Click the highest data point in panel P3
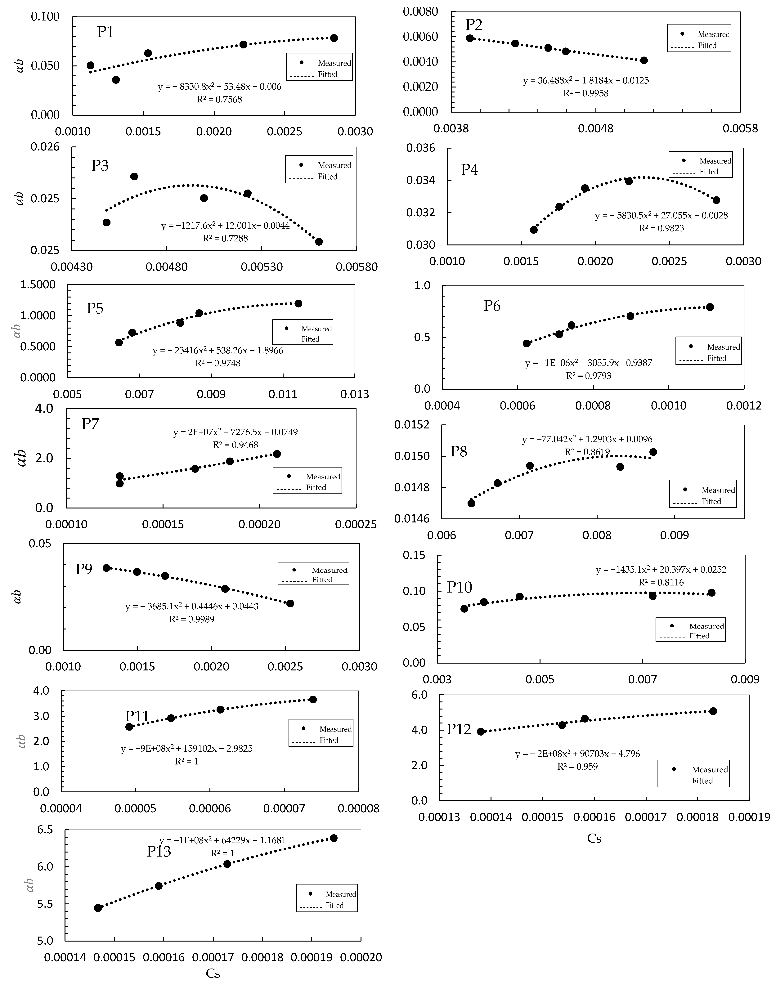134,176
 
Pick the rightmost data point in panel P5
298,303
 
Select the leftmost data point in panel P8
471,503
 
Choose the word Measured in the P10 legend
706,626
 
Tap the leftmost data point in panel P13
98,908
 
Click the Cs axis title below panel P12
594,838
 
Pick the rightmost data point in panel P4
716,200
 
